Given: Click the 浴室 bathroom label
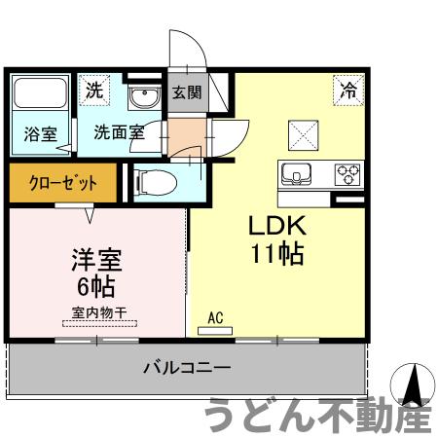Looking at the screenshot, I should pyautogui.click(x=40, y=134).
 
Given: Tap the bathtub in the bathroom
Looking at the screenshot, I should pyautogui.click(x=39, y=96).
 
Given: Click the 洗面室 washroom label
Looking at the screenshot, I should pyautogui.click(x=119, y=133).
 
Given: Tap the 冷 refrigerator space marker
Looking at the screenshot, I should pyautogui.click(x=347, y=91).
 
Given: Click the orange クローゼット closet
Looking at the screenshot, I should pyautogui.click(x=62, y=181).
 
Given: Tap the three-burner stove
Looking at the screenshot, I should pyautogui.click(x=347, y=174).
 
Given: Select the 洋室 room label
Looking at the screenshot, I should pyautogui.click(x=94, y=261).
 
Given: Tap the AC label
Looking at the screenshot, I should pyautogui.click(x=216, y=316).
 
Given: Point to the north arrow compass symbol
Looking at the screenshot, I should pyautogui.click(x=413, y=383).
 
